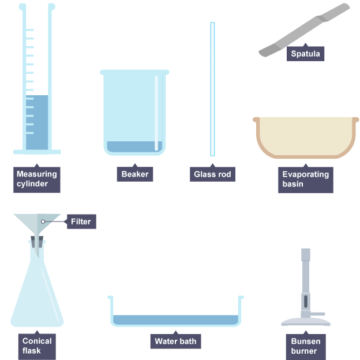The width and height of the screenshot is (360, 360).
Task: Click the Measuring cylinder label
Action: [x=37, y=179]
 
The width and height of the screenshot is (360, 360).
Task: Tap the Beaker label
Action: [x=135, y=174]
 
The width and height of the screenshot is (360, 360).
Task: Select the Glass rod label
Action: [x=212, y=174]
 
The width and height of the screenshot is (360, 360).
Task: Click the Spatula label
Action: [x=305, y=53]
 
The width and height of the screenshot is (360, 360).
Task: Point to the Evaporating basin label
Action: [x=306, y=179]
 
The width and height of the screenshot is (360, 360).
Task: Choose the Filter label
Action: [x=81, y=222]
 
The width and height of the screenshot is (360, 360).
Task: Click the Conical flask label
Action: [x=37, y=346]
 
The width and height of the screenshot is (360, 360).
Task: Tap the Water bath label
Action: [x=175, y=341]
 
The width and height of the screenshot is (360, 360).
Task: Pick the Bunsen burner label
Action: [x=306, y=346]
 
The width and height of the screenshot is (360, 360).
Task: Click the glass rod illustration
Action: [x=212, y=89]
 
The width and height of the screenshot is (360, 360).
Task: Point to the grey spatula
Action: [x=304, y=30]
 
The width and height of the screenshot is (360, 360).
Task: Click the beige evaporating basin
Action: [x=306, y=138]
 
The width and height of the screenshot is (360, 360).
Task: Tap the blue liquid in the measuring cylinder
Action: [x=37, y=122]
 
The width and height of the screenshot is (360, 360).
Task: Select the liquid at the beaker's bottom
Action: [x=134, y=147]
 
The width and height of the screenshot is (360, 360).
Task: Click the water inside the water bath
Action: [x=175, y=320]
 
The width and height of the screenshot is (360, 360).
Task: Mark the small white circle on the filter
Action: [x=43, y=222]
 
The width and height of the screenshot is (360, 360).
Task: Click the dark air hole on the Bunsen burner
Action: [x=306, y=302]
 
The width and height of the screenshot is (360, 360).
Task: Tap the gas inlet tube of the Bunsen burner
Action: [x=317, y=314]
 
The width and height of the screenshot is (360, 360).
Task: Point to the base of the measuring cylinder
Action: [x=37, y=152]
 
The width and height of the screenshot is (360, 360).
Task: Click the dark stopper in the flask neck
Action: [x=37, y=242]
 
